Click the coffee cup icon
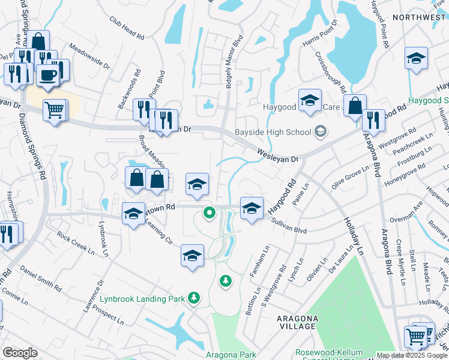[47, 75]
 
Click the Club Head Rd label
[127, 28]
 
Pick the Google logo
[19, 353]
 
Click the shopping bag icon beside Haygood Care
[355, 105]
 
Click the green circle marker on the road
[209, 212]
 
